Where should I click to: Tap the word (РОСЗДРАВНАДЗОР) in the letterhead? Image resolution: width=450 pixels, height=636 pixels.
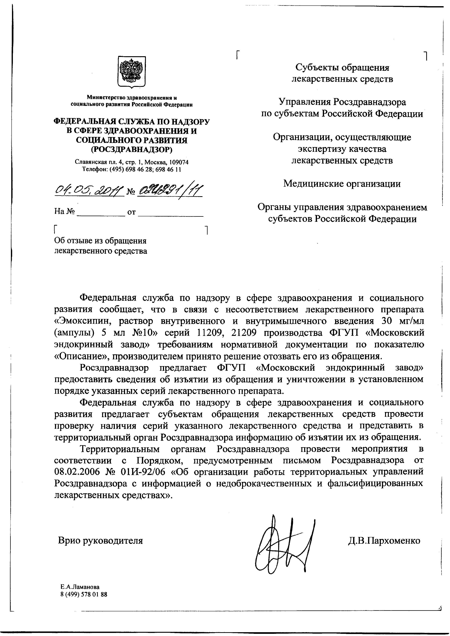pos(132,150)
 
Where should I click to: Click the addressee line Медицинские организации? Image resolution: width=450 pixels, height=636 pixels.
pos(342,184)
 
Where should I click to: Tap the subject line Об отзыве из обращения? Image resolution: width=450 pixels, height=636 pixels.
pos(100,241)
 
